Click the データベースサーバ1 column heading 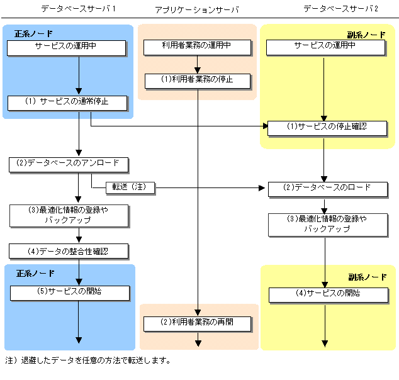[79, 9]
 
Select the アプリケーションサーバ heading [197, 9]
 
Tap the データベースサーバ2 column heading [340, 9]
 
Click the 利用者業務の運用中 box [197, 47]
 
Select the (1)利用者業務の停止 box [198, 81]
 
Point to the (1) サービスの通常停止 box [67, 103]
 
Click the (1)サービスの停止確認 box [327, 128]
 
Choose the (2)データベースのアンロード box [69, 165]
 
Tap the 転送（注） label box [130, 188]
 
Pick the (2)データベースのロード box [328, 189]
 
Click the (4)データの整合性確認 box [69, 251]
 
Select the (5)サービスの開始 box [70, 293]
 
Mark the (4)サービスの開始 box [329, 295]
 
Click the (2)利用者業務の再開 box [198, 324]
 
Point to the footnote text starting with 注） [87, 360]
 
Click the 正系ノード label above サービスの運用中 [33, 33]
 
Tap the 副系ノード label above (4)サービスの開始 [368, 277]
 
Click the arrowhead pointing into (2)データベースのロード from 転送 [262, 188]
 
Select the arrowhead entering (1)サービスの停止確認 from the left [266, 126]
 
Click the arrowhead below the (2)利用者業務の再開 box [198, 344]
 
